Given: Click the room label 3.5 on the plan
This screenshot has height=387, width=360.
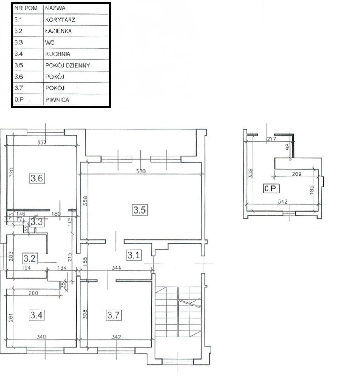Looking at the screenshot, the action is [140, 210].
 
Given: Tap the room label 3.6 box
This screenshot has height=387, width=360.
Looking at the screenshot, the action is [37, 178].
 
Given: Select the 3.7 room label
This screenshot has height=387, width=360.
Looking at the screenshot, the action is [113, 315].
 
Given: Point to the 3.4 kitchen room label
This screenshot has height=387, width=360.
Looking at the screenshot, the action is [37, 315].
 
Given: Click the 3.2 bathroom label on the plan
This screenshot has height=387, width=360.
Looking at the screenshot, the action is [29, 258].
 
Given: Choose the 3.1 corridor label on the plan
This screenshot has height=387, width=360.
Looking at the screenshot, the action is [134, 255].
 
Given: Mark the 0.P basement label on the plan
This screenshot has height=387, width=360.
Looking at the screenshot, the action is [271, 189].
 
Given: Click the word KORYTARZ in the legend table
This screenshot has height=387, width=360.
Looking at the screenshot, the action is [60, 20].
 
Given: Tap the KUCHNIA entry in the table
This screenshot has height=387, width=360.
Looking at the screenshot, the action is [58, 54].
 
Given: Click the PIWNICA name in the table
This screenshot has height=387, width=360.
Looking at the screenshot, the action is [57, 100].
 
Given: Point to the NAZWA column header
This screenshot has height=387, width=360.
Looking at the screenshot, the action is [55, 8].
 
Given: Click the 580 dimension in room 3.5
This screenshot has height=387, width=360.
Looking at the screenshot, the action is [141, 171].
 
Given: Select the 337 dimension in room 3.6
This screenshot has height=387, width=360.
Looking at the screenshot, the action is [42, 142].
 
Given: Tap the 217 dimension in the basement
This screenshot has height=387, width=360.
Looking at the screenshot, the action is [271, 139].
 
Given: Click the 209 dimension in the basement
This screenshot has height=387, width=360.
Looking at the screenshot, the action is [297, 174].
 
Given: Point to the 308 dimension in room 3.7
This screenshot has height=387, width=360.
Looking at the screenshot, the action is [85, 314].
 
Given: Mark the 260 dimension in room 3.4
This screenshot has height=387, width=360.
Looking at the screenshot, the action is [33, 293].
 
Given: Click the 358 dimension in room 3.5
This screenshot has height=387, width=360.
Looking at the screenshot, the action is [85, 201].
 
